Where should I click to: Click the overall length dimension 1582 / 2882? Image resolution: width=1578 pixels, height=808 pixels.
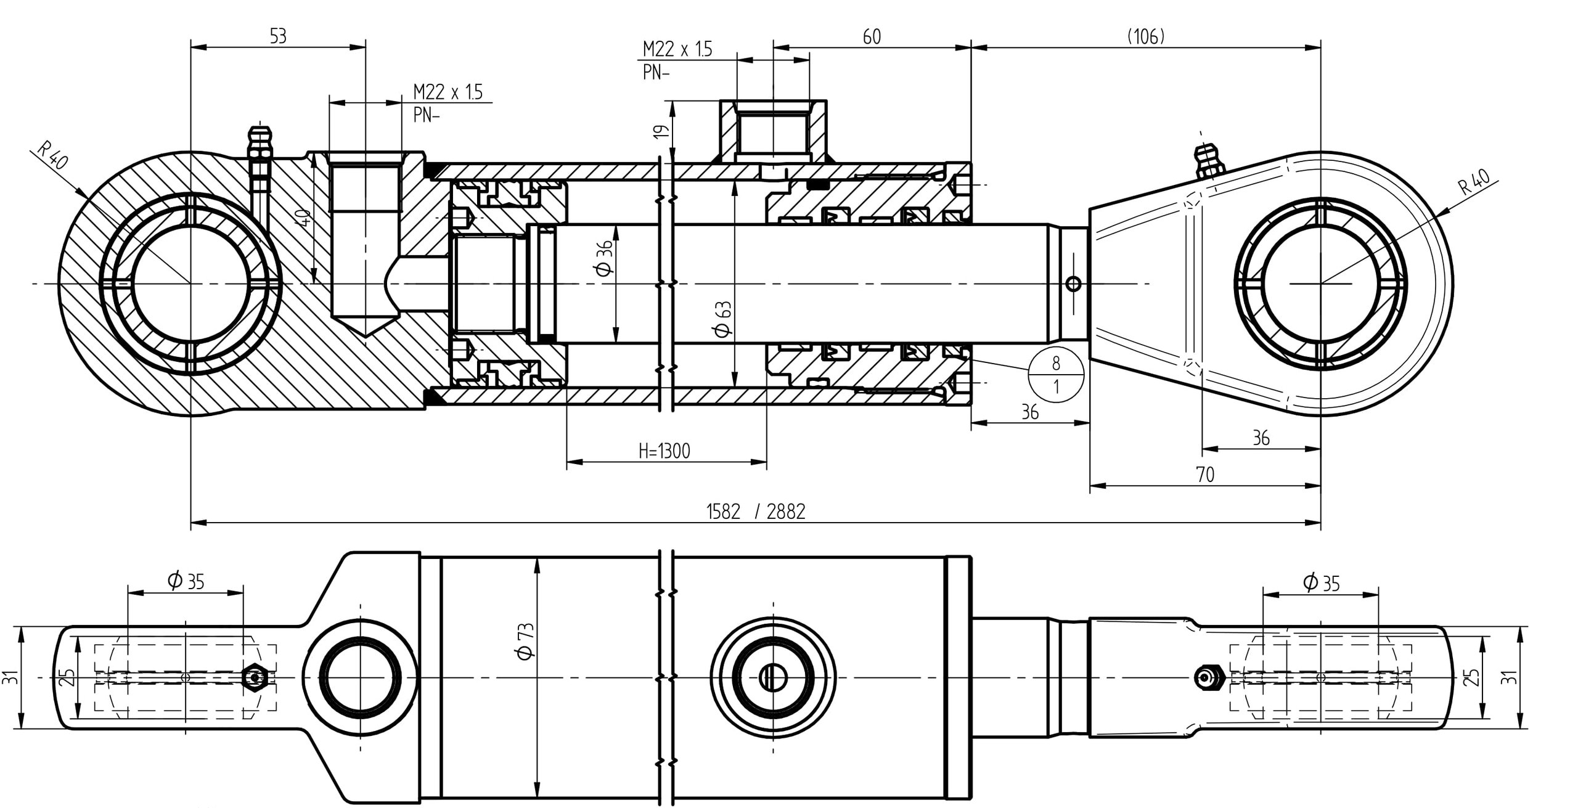755,512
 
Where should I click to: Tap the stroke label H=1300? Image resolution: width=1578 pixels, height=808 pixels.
664,452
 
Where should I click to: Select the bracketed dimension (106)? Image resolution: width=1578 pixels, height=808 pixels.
1146,37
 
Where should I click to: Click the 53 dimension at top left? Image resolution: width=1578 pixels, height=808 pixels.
278,36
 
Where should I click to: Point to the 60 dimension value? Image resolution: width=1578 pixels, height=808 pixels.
872,37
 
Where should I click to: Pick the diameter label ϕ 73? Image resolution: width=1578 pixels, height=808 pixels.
526,642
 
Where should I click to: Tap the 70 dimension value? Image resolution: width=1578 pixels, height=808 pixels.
1205,475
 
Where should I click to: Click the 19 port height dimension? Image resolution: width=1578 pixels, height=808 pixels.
660,131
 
